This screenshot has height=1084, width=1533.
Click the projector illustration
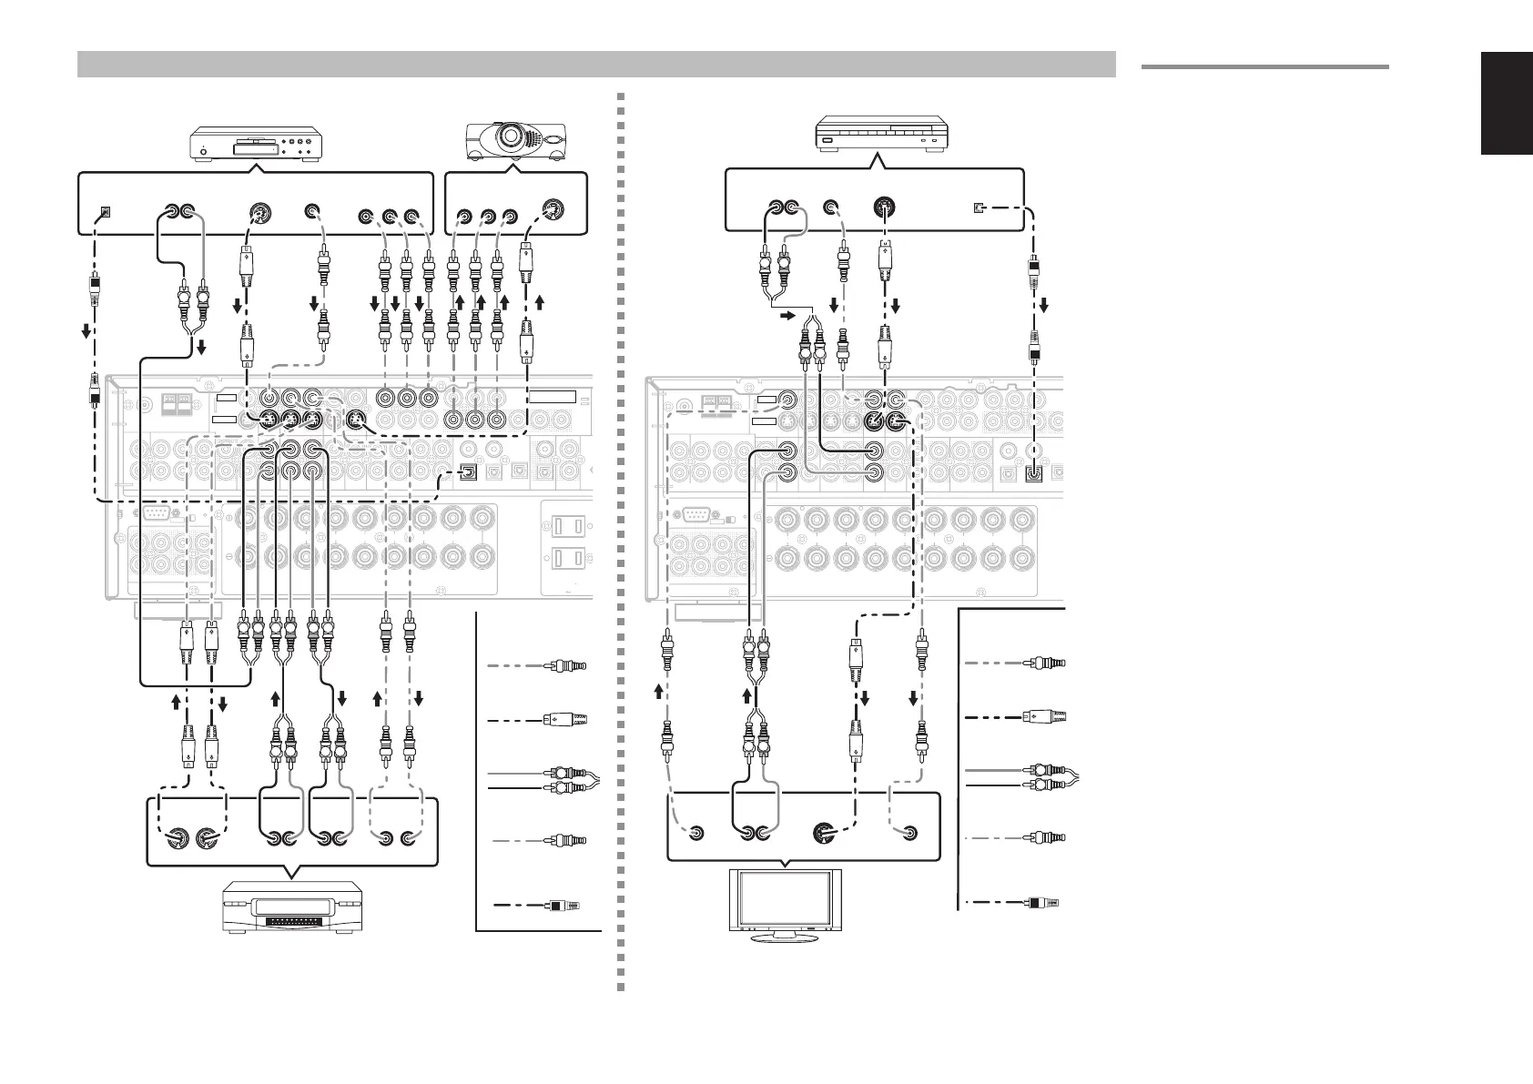pyautogui.click(x=514, y=140)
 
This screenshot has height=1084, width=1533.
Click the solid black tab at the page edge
pyautogui.click(x=1507, y=117)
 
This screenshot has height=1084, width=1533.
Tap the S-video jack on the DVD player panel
pyautogui.click(x=259, y=216)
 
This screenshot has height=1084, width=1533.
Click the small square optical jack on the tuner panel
pyautogui.click(x=978, y=208)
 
